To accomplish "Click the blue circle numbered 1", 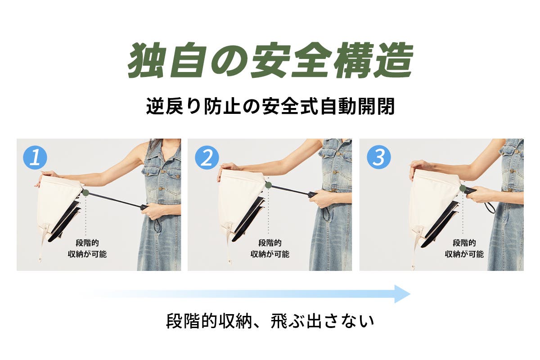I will coord(35,157).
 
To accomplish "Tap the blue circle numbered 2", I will coord(207,157).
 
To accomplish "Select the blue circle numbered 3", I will coord(379,157).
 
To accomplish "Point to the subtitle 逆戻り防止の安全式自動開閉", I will coord(270,107).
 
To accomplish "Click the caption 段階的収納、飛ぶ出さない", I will coord(270,321).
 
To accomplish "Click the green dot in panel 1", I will coord(85,193).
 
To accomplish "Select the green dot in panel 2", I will coord(268,185).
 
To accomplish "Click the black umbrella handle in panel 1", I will coord(145,207).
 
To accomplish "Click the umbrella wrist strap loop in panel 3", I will coord(500,207).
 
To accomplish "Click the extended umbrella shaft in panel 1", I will coord(115,200).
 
